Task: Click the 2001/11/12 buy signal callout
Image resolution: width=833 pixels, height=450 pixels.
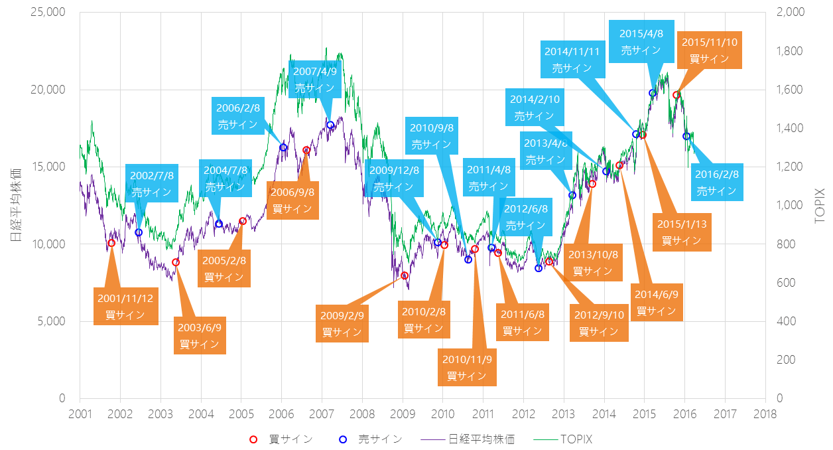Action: pyautogui.click(x=126, y=307)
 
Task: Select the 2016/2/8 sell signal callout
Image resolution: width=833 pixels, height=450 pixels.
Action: pyautogui.click(x=716, y=183)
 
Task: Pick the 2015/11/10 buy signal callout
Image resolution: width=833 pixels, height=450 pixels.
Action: pyautogui.click(x=709, y=50)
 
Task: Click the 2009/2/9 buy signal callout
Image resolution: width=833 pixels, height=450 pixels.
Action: pyautogui.click(x=342, y=324)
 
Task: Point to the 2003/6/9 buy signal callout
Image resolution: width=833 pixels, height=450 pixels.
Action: pyautogui.click(x=200, y=336)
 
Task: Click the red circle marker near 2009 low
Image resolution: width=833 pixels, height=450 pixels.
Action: pyautogui.click(x=405, y=275)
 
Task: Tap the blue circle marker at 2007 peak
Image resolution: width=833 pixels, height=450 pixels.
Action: pyautogui.click(x=330, y=125)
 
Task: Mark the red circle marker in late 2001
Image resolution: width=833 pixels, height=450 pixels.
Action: pyautogui.click(x=111, y=243)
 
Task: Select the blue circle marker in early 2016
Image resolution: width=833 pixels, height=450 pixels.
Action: pyautogui.click(x=686, y=136)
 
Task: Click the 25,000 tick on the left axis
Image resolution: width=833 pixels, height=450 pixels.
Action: pyautogui.click(x=48, y=13)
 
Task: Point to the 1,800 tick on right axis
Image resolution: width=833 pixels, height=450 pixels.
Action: pyautogui.click(x=785, y=51)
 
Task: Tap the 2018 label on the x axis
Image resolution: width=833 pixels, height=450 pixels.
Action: pyautogui.click(x=765, y=413)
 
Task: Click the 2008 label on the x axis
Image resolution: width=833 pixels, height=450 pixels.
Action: pyautogui.click(x=362, y=413)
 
